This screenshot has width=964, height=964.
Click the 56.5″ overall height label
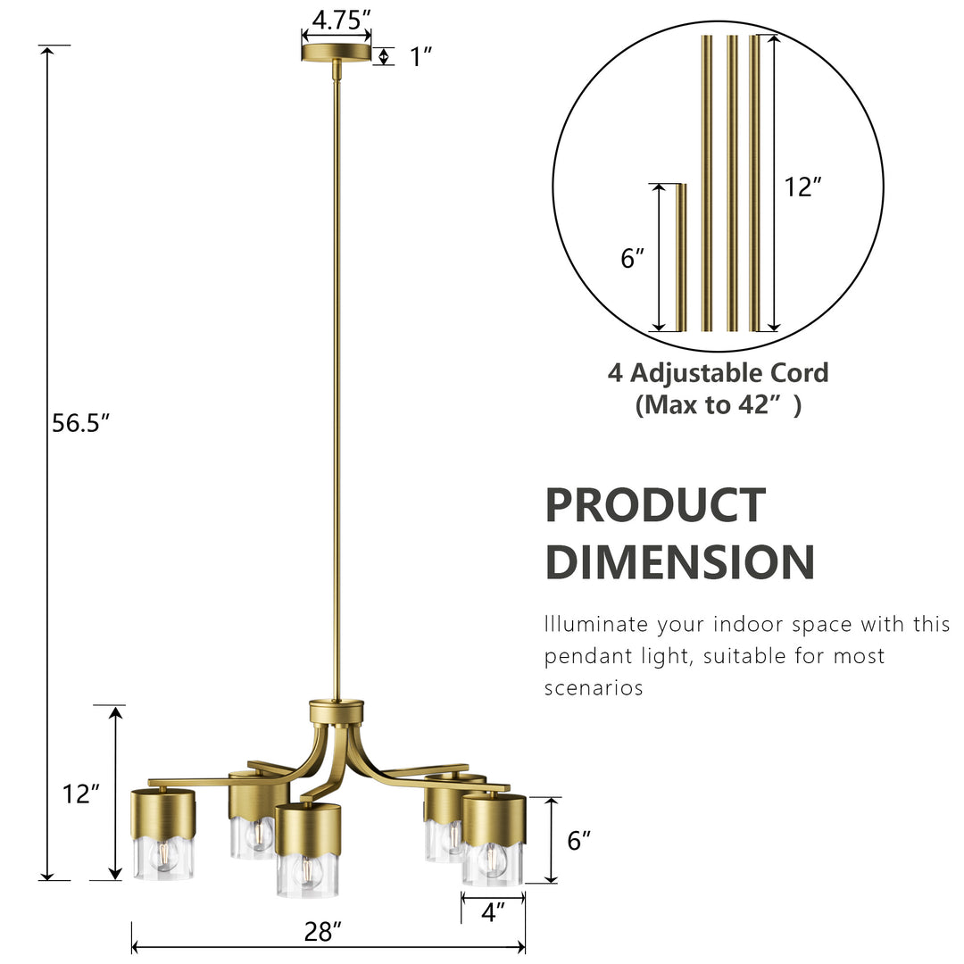79,423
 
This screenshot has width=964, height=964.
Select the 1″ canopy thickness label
420,57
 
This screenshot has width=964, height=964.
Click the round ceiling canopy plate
336,53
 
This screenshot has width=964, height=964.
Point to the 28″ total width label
323,933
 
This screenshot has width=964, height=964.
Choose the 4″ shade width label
493,912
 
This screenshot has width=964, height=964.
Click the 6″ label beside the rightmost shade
579,840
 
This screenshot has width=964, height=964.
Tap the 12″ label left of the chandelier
81,794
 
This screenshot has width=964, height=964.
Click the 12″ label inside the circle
802,187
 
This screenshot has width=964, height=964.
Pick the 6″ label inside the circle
632,259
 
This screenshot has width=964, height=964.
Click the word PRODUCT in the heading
655,505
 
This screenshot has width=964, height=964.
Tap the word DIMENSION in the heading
679,562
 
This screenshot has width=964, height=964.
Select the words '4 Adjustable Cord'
718,372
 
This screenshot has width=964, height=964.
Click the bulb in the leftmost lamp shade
163,855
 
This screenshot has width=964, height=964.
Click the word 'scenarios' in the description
594,688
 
